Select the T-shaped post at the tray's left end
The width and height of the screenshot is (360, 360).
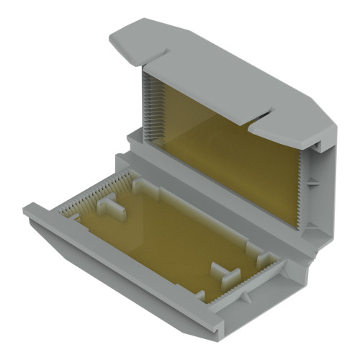click(112, 209)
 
